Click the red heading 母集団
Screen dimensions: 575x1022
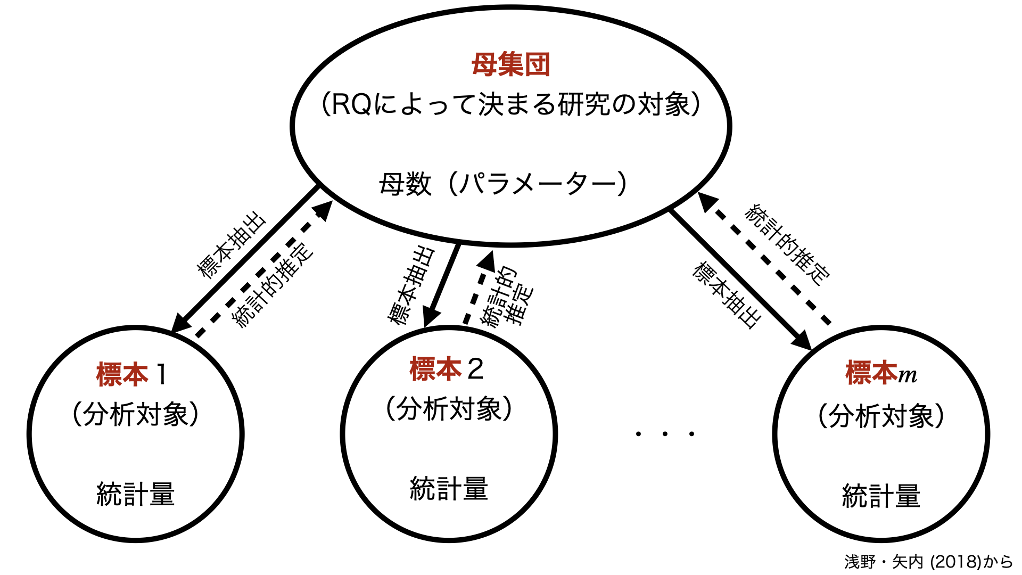pyautogui.click(x=510, y=65)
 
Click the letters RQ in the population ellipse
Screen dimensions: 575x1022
pyautogui.click(x=351, y=104)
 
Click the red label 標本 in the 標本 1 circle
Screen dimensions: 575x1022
pyautogui.click(x=122, y=374)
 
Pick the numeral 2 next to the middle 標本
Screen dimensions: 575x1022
pyautogui.click(x=475, y=369)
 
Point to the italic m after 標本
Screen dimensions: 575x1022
pyautogui.click(x=908, y=376)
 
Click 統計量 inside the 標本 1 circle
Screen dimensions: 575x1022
pyautogui.click(x=136, y=494)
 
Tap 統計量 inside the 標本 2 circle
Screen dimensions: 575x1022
pyautogui.click(x=449, y=489)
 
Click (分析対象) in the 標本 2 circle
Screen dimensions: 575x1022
pyautogui.click(x=449, y=409)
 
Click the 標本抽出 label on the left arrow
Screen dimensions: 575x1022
pyautogui.click(x=232, y=245)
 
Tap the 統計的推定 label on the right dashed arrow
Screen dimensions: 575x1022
pyautogui.click(x=787, y=244)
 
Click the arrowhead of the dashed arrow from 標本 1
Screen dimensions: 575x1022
pyautogui.click(x=323, y=209)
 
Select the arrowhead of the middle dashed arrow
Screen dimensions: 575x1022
pyautogui.click(x=487, y=261)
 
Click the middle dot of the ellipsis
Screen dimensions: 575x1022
pyautogui.click(x=665, y=434)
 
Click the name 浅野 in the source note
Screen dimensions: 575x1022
pyautogui.click(x=860, y=562)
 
